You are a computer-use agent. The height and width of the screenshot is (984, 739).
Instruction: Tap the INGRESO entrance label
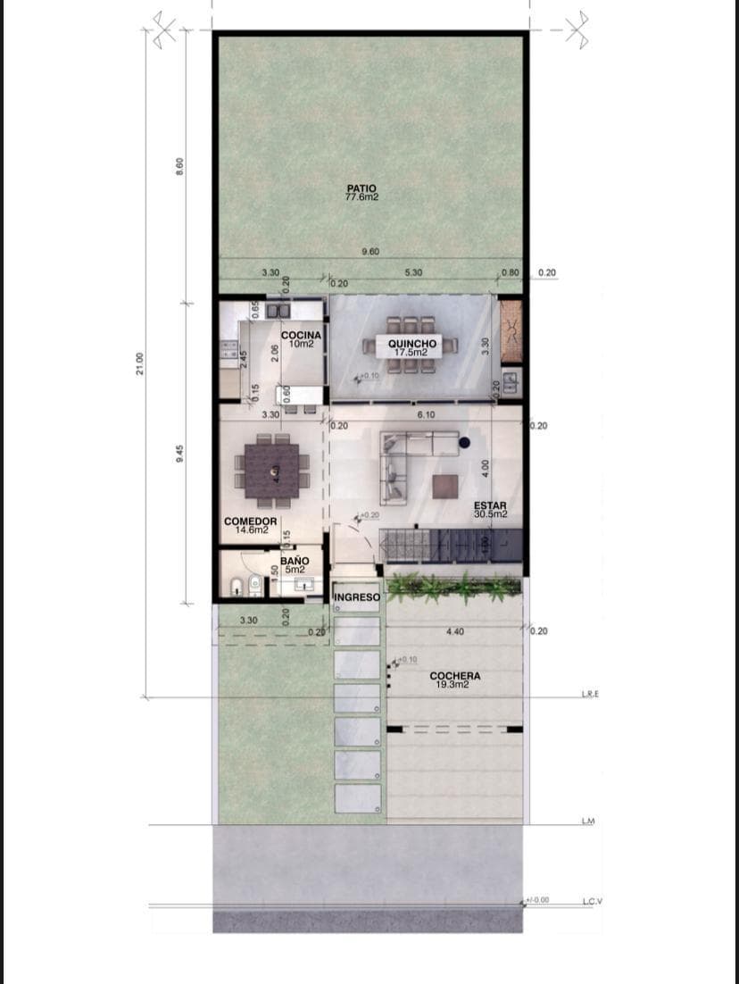357,597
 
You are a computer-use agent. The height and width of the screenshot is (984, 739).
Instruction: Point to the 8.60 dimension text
179,166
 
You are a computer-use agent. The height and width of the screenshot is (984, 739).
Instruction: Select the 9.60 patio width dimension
370,252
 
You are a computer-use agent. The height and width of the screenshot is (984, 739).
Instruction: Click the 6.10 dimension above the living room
427,414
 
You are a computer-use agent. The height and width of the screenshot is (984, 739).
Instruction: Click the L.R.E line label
590,694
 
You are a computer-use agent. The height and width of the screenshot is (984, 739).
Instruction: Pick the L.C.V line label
593,901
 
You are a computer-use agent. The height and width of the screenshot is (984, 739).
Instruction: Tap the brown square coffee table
445,486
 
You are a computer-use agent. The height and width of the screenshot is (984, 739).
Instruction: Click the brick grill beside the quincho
511,331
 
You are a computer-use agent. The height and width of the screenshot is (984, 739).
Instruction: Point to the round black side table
464,442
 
